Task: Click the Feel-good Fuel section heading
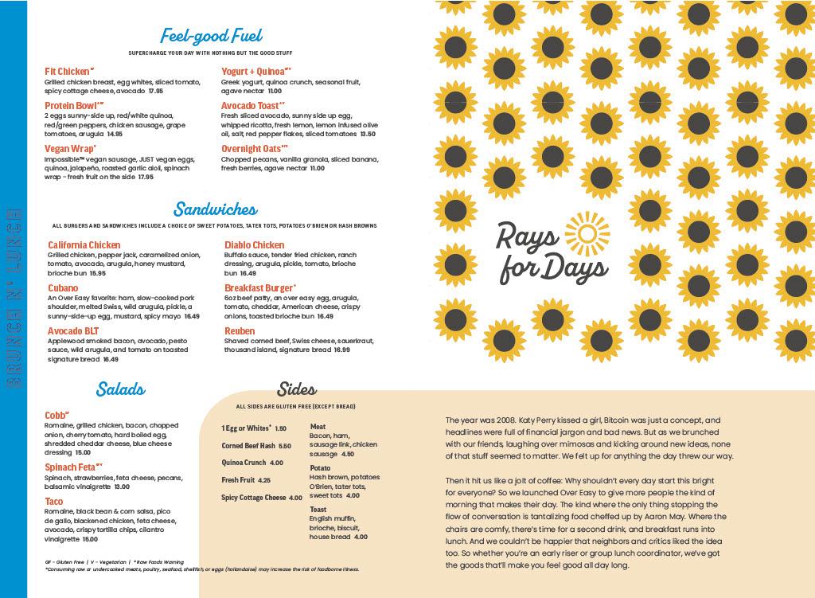coord(211,36)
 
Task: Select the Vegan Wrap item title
coord(70,148)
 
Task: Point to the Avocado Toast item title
coord(252,105)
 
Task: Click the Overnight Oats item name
coord(253,148)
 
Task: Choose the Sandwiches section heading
coord(215,210)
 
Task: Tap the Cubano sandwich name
coord(63,288)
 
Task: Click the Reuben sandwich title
coord(240,331)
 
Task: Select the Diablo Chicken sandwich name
coord(254,245)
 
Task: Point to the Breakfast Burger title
coord(259,288)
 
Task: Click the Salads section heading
coord(120,389)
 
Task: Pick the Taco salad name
coord(55,501)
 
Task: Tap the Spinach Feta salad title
coord(73,466)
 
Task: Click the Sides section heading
coord(296,389)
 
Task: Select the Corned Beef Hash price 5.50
coord(285,447)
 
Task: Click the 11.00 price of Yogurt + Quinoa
coord(275,92)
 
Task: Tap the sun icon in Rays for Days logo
coord(585,233)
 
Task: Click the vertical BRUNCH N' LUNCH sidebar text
coord(14,299)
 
